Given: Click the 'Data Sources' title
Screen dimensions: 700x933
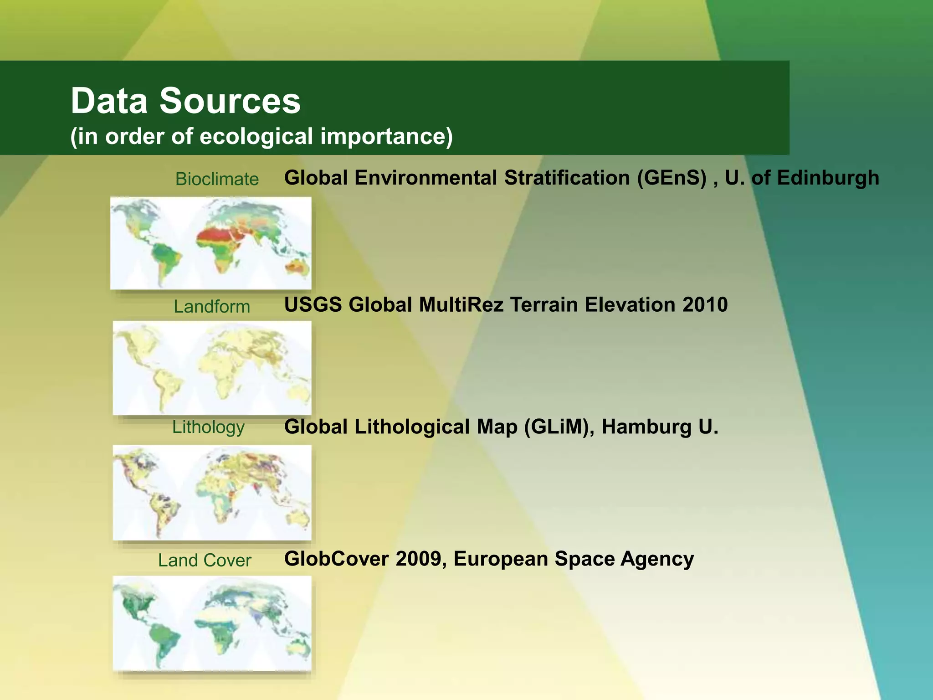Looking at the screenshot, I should click(x=185, y=101).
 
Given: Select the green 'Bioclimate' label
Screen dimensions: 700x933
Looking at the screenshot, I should click(x=217, y=179).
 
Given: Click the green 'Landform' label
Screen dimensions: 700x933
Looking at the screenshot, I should click(x=212, y=307).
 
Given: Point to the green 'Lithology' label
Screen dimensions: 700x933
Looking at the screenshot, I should click(x=208, y=427).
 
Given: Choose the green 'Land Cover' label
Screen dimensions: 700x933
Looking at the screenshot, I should click(x=205, y=560).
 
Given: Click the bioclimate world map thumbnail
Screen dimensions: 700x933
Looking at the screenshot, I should click(x=211, y=243).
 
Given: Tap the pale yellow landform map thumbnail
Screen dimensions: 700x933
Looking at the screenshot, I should click(x=212, y=368).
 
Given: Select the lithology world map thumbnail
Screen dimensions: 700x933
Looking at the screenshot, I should click(x=212, y=493).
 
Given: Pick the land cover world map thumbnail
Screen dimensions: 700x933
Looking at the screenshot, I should click(x=212, y=623).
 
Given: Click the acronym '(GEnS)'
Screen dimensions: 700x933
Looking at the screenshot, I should click(x=672, y=178).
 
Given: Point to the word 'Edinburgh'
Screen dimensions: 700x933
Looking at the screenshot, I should click(x=828, y=178).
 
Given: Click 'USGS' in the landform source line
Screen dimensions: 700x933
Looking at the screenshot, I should click(x=313, y=304).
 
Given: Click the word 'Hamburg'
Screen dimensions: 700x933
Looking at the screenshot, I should click(x=646, y=427).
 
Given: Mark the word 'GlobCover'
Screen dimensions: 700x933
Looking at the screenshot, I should click(x=336, y=559).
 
